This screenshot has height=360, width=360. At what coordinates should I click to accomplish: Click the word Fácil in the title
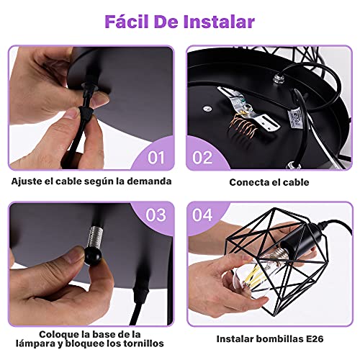(x=127, y=22)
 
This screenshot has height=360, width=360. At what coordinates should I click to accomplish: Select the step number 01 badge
(x=156, y=158)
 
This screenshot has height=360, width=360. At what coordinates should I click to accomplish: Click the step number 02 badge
(x=202, y=158)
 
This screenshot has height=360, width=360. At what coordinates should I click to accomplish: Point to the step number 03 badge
(x=156, y=215)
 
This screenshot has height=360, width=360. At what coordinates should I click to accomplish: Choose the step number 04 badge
(x=202, y=215)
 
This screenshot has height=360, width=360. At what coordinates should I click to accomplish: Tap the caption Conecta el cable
(x=269, y=182)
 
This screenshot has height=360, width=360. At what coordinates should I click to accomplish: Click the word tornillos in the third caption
(x=143, y=343)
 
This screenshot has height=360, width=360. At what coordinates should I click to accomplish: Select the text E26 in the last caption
(x=315, y=339)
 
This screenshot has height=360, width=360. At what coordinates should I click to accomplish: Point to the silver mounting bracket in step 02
(x=248, y=109)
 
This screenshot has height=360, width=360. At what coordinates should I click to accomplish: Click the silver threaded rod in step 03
(x=95, y=237)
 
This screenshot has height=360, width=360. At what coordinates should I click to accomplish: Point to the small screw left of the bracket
(x=207, y=109)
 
